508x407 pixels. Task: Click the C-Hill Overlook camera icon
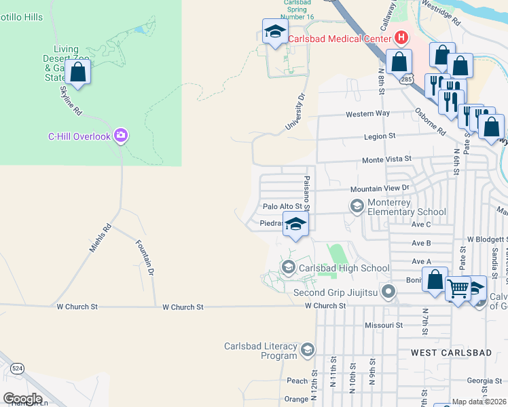121,136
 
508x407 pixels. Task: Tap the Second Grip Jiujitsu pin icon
388,293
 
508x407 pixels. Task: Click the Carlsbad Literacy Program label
261,351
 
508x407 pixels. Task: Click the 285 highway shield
406,80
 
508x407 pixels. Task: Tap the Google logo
22,398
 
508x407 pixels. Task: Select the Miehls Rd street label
100,239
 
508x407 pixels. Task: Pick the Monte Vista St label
387,159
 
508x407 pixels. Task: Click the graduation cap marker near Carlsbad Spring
275,31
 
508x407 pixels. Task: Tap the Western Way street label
367,114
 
